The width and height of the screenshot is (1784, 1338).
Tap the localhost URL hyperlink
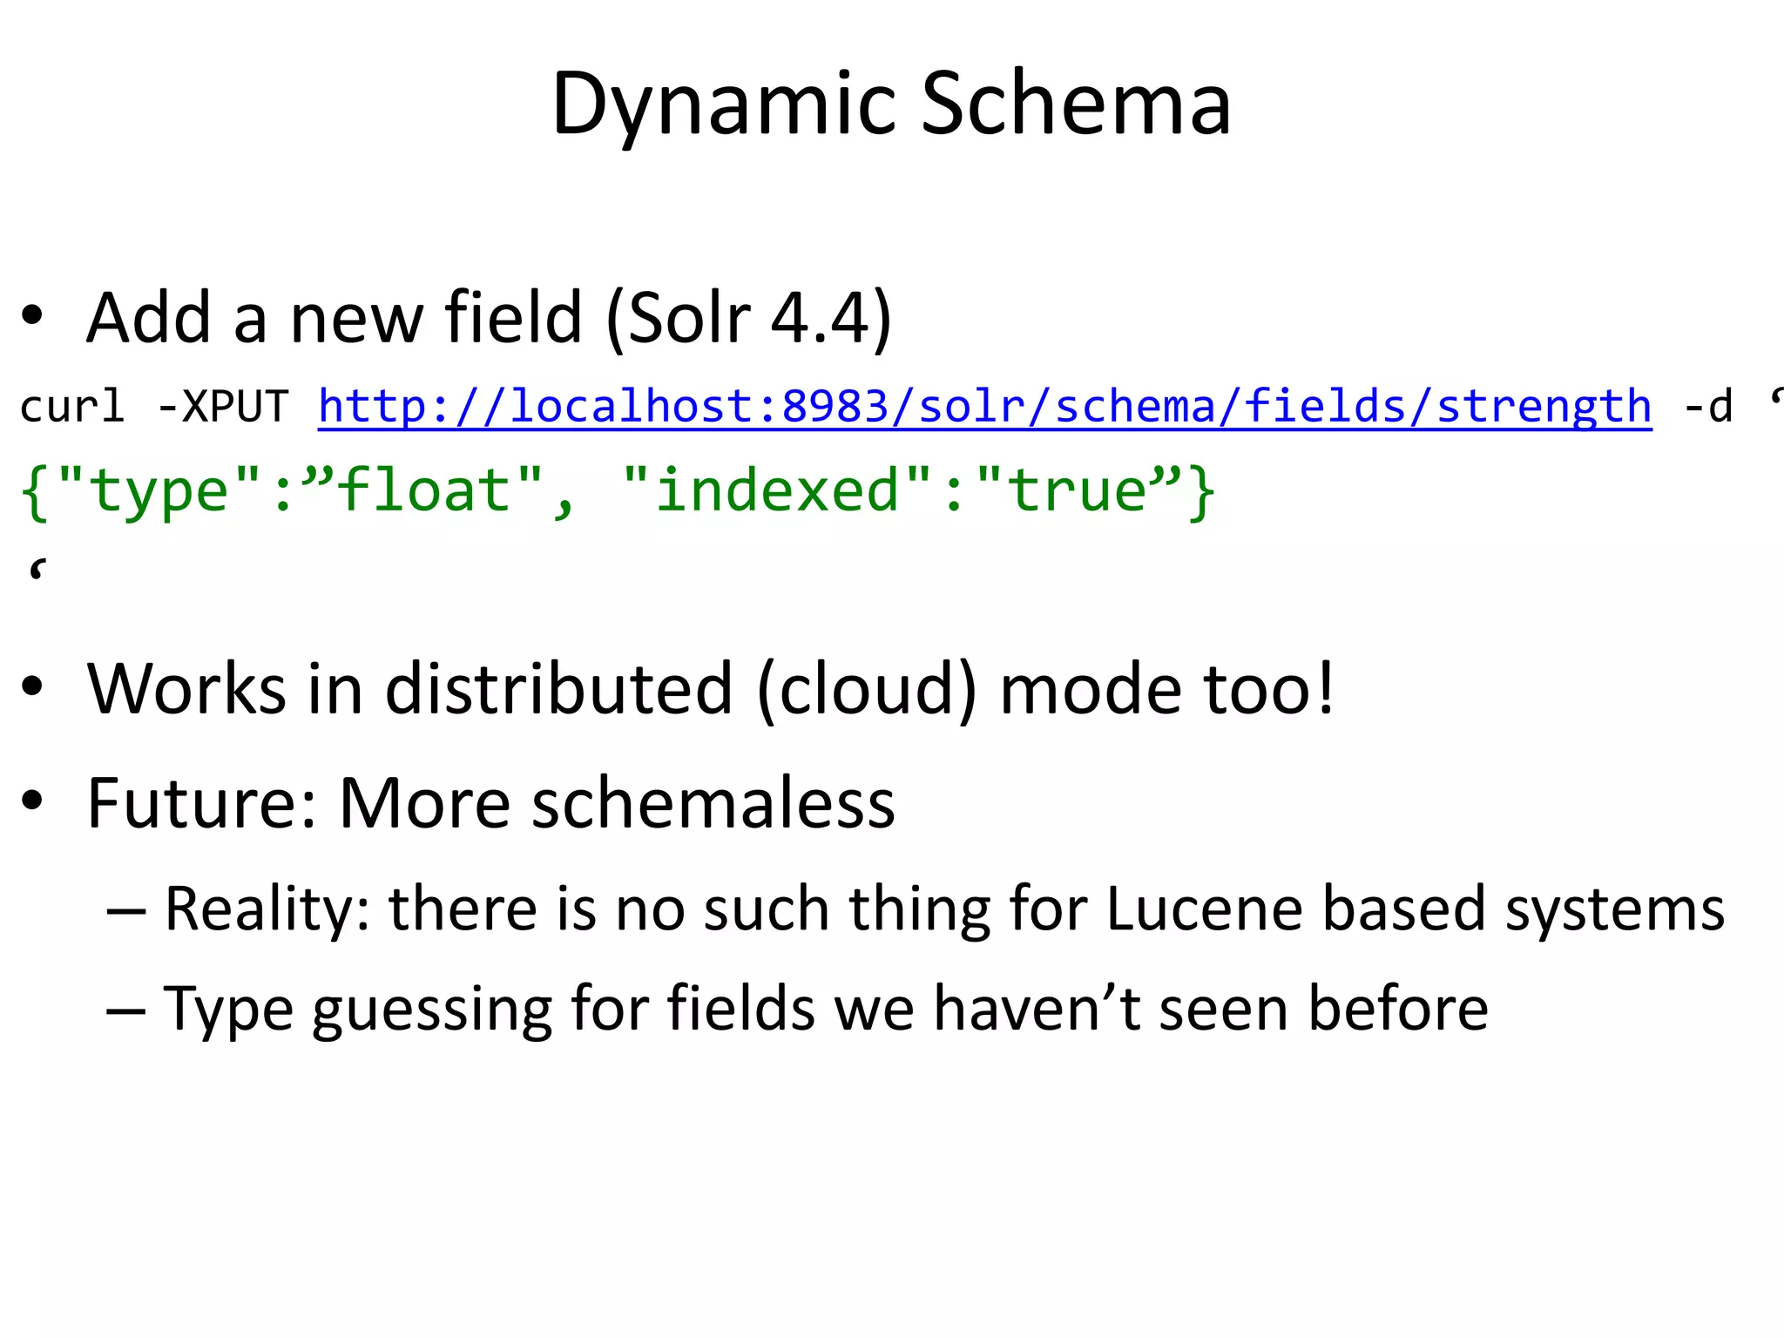pyautogui.click(x=984, y=406)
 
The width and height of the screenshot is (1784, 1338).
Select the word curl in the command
pyautogui.click(x=71, y=406)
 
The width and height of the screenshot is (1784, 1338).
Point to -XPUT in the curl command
pyautogui.click(x=223, y=406)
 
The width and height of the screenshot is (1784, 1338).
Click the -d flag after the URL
pyautogui.click(x=1708, y=406)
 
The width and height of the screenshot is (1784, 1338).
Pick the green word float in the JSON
pyautogui.click(x=423, y=490)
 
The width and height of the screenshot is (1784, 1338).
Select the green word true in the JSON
pyautogui.click(x=1077, y=490)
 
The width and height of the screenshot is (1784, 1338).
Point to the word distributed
pyautogui.click(x=558, y=688)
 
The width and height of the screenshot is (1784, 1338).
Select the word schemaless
pyautogui.click(x=713, y=802)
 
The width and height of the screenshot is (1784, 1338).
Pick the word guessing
pyautogui.click(x=433, y=1009)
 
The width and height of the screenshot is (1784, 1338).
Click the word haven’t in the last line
pyautogui.click(x=1037, y=1008)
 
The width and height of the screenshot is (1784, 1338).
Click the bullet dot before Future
pyautogui.click(x=32, y=801)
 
